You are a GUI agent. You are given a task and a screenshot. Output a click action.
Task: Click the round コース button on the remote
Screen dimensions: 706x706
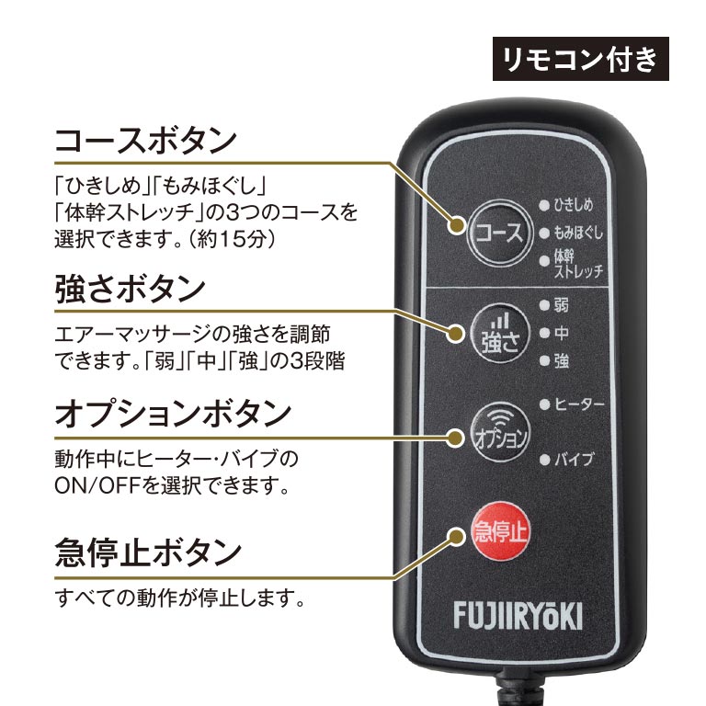click(496, 232)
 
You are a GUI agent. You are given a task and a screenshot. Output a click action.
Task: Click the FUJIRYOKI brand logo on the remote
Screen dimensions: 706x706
click(517, 616)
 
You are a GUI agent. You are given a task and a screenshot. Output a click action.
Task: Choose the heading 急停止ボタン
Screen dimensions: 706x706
click(148, 553)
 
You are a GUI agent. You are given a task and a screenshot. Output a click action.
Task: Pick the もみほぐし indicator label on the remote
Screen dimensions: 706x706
click(578, 233)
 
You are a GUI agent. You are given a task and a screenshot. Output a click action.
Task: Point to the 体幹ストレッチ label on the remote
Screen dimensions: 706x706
click(578, 263)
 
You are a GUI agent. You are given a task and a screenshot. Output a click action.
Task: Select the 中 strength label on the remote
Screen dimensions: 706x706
click(562, 333)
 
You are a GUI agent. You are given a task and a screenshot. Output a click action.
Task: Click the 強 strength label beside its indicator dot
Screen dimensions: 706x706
click(562, 361)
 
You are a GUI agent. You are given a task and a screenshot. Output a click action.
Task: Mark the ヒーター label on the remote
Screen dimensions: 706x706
click(579, 404)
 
